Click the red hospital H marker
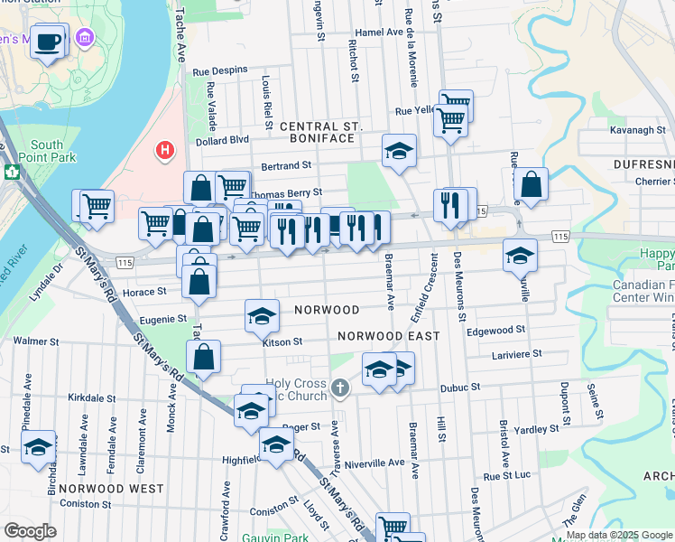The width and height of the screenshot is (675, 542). pyautogui.click(x=164, y=149)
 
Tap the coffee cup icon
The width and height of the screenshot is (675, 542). pyautogui.click(x=48, y=41)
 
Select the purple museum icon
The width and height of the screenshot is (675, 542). pyautogui.click(x=85, y=38)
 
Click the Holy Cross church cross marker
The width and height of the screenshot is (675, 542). pyautogui.click(x=339, y=388)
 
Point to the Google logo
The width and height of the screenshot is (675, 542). pyautogui.click(x=30, y=531)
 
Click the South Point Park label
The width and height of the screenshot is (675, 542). pyautogui.click(x=47, y=151)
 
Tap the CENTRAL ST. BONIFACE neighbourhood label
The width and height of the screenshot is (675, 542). pyautogui.click(x=321, y=132)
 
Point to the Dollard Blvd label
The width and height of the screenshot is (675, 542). pyautogui.click(x=222, y=140)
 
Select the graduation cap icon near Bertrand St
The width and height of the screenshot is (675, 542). pyautogui.click(x=398, y=150)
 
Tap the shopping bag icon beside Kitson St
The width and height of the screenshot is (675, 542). pyautogui.click(x=205, y=357)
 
